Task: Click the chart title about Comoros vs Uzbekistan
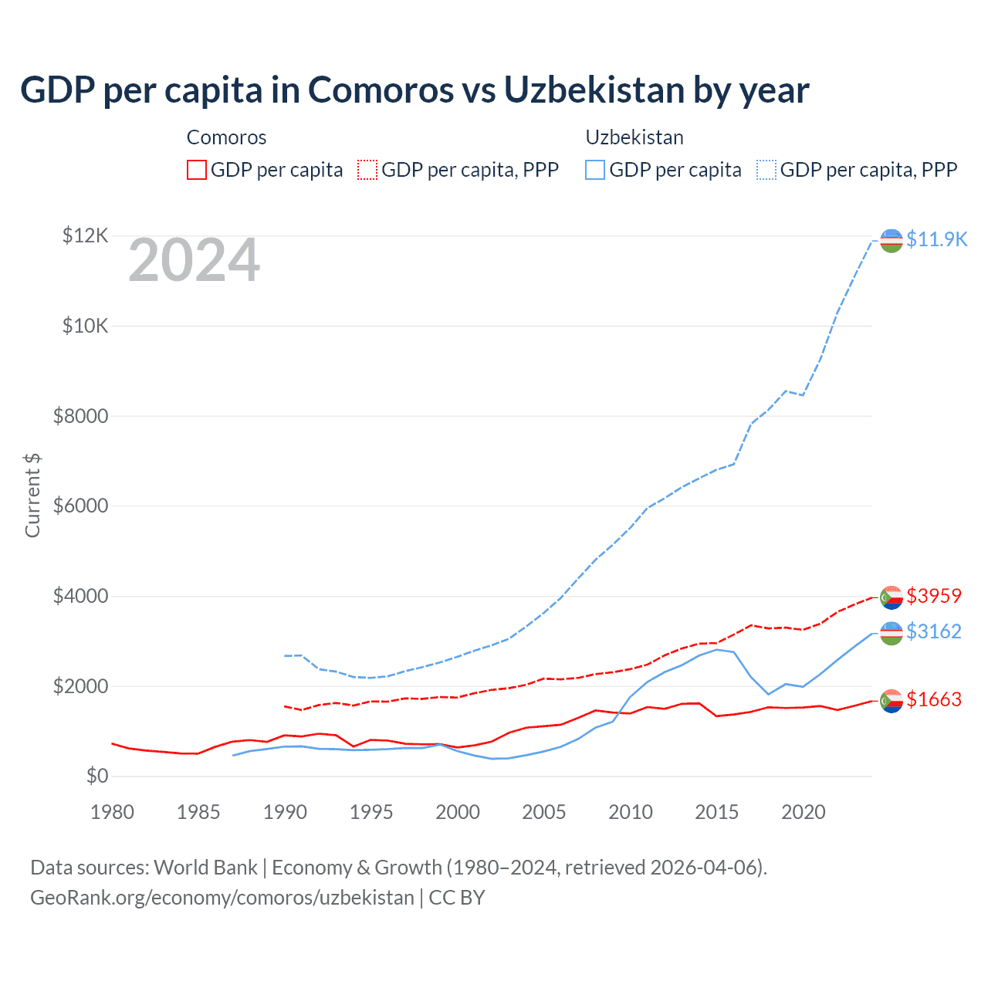click(x=414, y=90)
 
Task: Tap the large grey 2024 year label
click(x=194, y=261)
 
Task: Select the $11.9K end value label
click(x=936, y=239)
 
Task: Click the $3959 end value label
click(x=934, y=596)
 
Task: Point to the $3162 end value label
click(x=934, y=631)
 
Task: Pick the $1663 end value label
click(x=934, y=699)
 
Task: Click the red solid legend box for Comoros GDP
click(x=197, y=170)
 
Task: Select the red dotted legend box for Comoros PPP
click(x=368, y=170)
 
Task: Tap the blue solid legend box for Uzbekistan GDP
click(x=595, y=170)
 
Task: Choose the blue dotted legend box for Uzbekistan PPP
click(x=766, y=170)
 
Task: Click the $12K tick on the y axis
click(x=85, y=235)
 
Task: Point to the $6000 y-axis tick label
click(x=80, y=506)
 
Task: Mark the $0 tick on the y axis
click(x=97, y=776)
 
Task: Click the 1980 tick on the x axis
click(x=113, y=812)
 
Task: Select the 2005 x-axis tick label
click(x=544, y=812)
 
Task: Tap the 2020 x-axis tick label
click(x=804, y=812)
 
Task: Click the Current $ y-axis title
click(x=32, y=496)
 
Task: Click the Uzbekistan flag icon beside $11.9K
click(x=892, y=241)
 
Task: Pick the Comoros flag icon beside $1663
click(x=892, y=701)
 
